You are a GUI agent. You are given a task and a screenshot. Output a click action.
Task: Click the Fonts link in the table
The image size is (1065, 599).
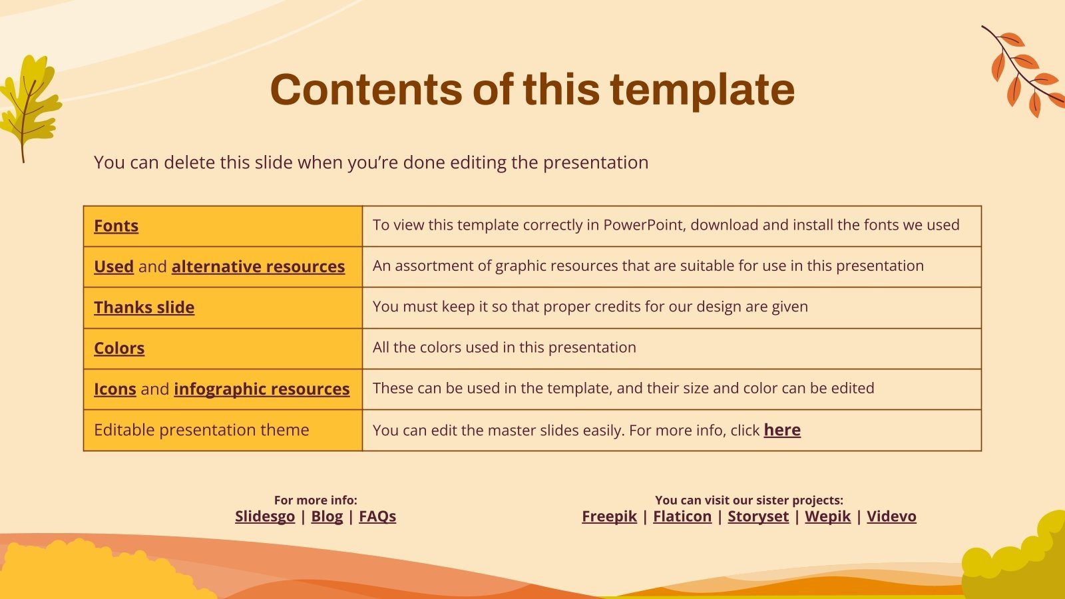pyautogui.click(x=116, y=226)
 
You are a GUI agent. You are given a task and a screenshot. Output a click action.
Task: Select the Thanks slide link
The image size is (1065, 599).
pyautogui.click(x=144, y=307)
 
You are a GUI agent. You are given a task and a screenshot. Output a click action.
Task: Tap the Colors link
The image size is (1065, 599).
pyautogui.click(x=119, y=348)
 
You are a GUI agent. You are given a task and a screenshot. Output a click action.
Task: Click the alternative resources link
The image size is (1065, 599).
pyautogui.click(x=258, y=266)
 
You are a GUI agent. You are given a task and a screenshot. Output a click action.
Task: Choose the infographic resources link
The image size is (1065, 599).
pyautogui.click(x=262, y=389)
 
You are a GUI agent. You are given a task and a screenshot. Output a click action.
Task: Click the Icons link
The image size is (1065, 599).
pyautogui.click(x=114, y=389)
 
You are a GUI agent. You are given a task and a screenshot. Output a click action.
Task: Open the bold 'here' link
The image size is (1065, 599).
pyautogui.click(x=782, y=430)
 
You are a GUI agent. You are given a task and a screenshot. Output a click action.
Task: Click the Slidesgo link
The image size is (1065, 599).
pyautogui.click(x=264, y=516)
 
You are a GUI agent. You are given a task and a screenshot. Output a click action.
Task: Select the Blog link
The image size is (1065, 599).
pyautogui.click(x=327, y=516)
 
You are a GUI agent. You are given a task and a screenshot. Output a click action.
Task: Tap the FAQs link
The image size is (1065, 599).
pyautogui.click(x=377, y=516)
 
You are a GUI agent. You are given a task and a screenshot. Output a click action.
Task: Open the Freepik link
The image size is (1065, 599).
pyautogui.click(x=609, y=516)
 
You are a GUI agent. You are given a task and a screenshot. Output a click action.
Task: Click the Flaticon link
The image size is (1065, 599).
pyautogui.click(x=682, y=516)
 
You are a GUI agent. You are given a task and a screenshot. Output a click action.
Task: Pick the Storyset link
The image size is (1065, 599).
pyautogui.click(x=758, y=516)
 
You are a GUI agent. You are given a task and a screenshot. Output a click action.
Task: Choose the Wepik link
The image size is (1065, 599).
pyautogui.click(x=827, y=516)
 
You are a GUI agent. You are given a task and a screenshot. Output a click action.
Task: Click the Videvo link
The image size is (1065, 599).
pyautogui.click(x=891, y=516)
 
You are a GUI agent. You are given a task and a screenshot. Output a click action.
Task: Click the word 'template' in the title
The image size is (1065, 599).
pyautogui.click(x=702, y=90)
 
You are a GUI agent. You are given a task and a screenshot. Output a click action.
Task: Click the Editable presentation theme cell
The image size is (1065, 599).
pyautogui.click(x=202, y=430)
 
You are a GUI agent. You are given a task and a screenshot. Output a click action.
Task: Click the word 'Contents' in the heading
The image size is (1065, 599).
pyautogui.click(x=365, y=90)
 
